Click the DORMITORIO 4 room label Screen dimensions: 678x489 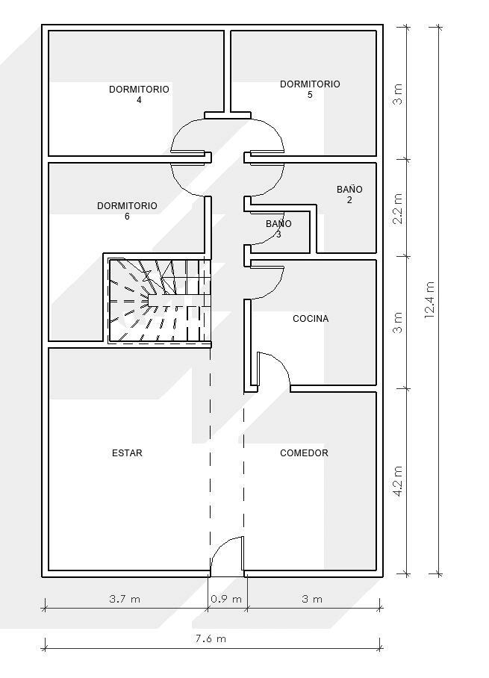[139, 94]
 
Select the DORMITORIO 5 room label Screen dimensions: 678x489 [310, 89]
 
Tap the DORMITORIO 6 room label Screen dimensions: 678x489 [127, 211]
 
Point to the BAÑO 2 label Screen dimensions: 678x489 [349, 194]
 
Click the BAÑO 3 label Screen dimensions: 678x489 [278, 228]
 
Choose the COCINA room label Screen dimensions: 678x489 [311, 319]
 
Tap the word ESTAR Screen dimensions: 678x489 [127, 453]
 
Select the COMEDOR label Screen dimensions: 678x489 [304, 453]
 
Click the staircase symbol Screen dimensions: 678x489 [158, 301]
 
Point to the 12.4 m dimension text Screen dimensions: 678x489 [429, 300]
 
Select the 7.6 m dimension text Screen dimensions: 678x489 [211, 638]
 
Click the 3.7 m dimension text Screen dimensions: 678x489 [124, 599]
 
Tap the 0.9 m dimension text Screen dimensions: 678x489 [227, 599]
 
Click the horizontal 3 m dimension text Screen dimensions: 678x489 [312, 599]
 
